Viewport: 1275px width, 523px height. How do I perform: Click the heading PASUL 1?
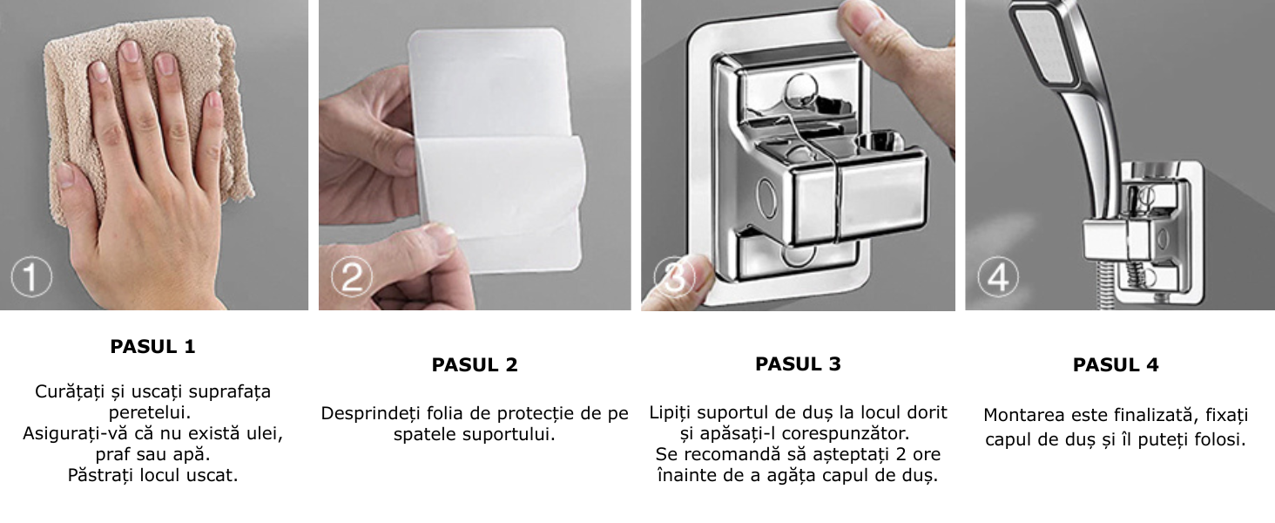point(152,346)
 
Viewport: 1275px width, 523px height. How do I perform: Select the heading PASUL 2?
point(475,364)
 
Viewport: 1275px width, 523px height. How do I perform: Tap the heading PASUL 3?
point(798,363)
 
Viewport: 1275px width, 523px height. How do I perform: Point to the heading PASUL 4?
point(1116,364)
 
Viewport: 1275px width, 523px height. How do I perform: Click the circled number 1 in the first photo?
point(31,277)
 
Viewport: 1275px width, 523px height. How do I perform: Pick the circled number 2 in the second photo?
point(352,277)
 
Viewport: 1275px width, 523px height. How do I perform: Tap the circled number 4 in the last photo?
point(998,277)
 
